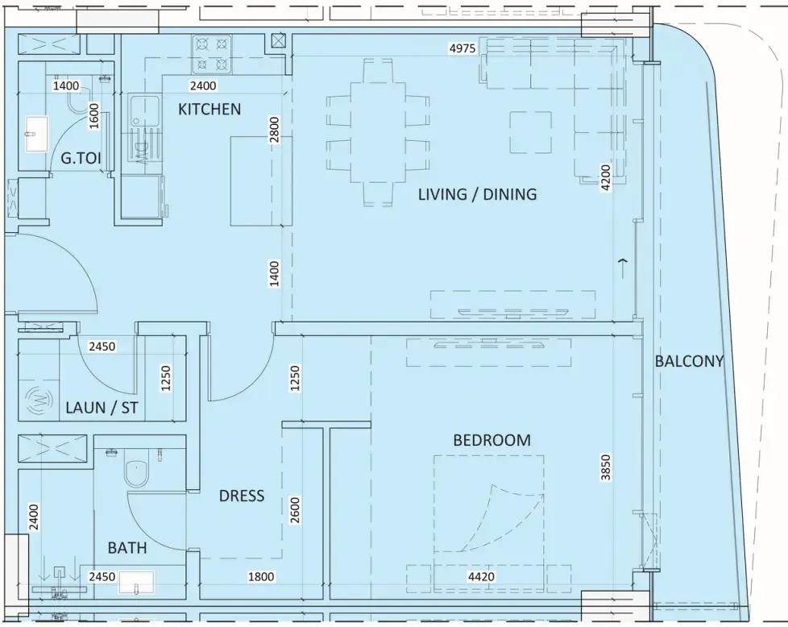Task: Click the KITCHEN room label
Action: coord(209,109)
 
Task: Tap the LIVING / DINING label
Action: coord(478,194)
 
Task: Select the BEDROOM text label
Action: coord(492,440)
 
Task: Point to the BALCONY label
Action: coord(689,361)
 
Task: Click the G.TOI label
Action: coord(81,159)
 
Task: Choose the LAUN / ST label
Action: coord(102,407)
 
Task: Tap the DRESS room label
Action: coord(242,496)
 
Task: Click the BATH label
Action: coord(127,547)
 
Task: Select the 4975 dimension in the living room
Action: coord(462,48)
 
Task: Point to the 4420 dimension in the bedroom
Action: coord(482,577)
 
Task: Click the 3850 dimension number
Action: coord(606,467)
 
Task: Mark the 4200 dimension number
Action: coord(606,177)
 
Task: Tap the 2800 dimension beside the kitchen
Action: coord(274,130)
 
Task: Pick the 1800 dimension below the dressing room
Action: coord(261,577)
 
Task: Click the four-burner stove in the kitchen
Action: coord(212,54)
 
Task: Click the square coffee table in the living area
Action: coord(531,132)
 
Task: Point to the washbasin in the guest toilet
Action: coord(37,134)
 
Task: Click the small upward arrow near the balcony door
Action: coord(623,268)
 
